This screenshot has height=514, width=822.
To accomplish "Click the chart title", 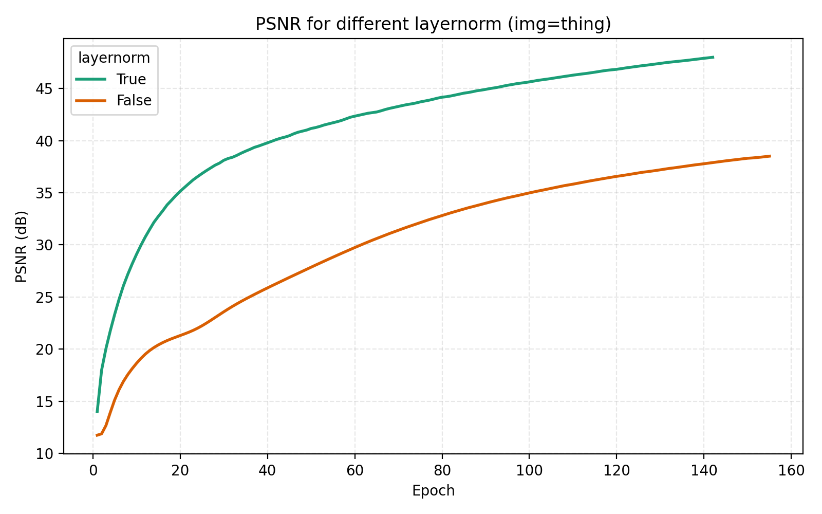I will (433, 24).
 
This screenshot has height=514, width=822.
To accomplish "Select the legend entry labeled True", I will (131, 79).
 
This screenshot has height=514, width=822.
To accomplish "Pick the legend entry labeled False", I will (134, 101).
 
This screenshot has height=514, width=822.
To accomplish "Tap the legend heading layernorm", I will (114, 58).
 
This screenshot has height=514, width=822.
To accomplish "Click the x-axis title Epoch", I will (433, 491).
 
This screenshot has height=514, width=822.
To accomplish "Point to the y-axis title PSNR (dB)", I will (21, 246).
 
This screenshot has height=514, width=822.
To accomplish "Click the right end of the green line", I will (713, 57).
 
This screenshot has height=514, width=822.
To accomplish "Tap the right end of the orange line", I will (770, 156).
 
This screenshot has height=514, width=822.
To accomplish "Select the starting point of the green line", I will (97, 412).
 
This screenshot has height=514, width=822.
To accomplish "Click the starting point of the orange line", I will (97, 435).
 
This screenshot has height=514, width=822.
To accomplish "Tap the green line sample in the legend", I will (91, 79).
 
